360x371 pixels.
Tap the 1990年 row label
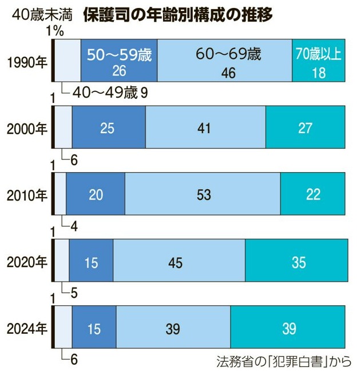(x=26, y=61)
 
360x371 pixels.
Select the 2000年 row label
(x=26, y=128)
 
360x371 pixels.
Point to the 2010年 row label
(x=26, y=195)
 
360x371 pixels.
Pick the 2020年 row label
(x=26, y=262)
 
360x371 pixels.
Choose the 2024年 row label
(x=26, y=329)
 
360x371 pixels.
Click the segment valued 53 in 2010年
(x=202, y=195)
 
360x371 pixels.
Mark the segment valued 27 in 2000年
(x=305, y=128)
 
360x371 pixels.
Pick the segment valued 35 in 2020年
(x=296, y=262)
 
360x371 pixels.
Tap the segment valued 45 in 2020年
(x=179, y=262)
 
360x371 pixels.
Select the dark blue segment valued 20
(x=95, y=195)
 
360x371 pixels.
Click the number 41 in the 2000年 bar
(x=205, y=128)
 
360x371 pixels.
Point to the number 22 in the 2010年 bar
(x=312, y=195)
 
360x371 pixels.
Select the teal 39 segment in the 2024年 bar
(x=287, y=329)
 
